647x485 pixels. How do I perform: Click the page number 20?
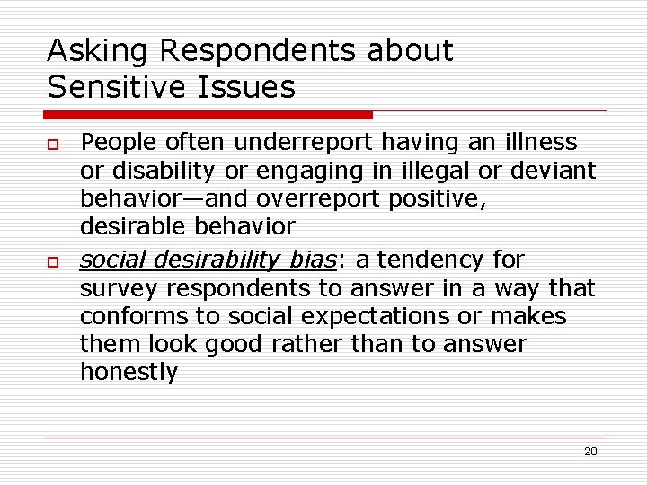click(590, 452)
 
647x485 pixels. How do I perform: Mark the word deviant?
click(559, 170)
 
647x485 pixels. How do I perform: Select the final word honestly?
click(129, 373)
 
